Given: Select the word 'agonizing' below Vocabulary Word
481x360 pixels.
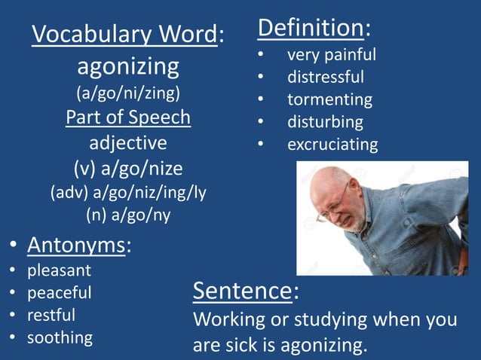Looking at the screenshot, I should coord(128,67).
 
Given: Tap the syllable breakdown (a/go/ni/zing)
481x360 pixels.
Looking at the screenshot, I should coord(128,94).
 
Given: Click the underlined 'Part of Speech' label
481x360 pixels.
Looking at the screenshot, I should coord(128,118).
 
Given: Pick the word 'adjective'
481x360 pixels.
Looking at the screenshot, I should coord(128,142).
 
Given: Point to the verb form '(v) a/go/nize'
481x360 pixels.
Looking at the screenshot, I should coord(128,167).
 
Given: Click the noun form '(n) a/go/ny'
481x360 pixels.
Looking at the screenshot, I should coord(128,215).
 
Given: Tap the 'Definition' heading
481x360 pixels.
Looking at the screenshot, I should coord(311,28).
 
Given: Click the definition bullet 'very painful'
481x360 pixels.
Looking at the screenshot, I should coord(331,55).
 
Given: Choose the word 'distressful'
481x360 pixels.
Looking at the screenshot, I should coord(326,77).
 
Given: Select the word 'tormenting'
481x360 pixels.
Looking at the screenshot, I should coord(329,99).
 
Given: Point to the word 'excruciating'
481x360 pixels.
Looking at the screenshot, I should coord(332,144).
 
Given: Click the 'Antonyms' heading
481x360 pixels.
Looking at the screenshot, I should coord(76,245).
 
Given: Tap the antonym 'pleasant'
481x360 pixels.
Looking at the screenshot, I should coord(59,269).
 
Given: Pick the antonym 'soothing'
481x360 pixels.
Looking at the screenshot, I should coord(60,337).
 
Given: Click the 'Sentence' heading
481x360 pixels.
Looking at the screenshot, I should coord(243,290).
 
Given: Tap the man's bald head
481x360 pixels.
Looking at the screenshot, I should coord(327,181).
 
